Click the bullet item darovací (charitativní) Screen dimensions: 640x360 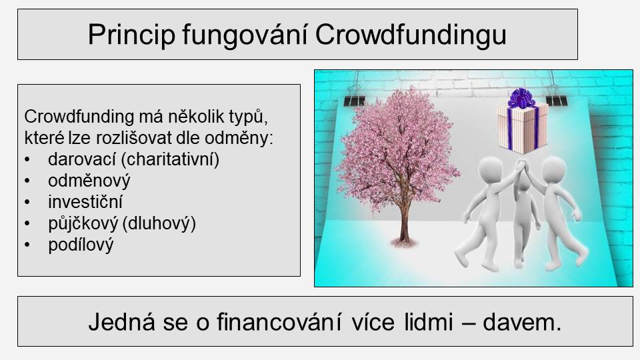pyautogui.click(x=133, y=159)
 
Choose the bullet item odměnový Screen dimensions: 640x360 pyautogui.click(x=89, y=181)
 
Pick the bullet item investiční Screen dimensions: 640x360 pyautogui.click(x=85, y=201)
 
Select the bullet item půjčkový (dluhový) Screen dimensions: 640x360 pyautogui.click(x=122, y=223)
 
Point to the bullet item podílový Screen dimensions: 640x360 pyautogui.click(x=81, y=245)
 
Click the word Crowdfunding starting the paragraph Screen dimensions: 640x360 pyautogui.click(x=79, y=117)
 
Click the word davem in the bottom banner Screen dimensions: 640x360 pyautogui.click(x=519, y=322)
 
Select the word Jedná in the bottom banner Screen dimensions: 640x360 pyautogui.click(x=121, y=322)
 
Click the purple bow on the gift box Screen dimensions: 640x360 pyautogui.click(x=521, y=98)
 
